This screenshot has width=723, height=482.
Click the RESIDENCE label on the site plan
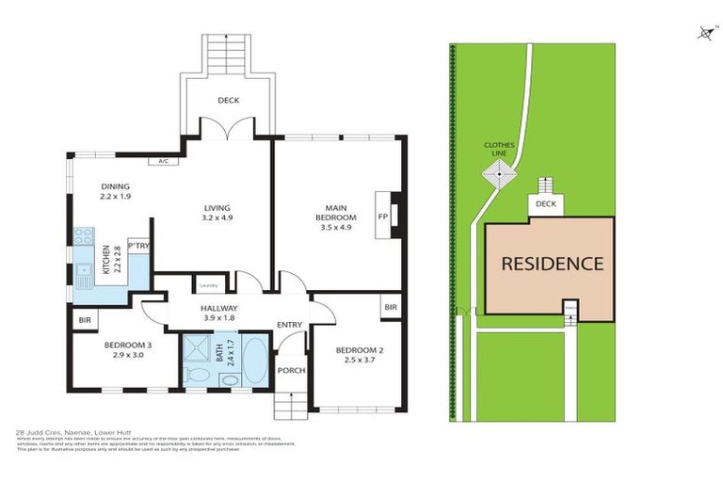(552, 264)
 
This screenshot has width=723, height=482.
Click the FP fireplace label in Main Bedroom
(383, 215)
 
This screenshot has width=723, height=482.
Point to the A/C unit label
(163, 161)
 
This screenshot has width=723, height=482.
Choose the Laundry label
(209, 284)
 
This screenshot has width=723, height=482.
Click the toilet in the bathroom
(198, 375)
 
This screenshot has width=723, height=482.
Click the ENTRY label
(289, 325)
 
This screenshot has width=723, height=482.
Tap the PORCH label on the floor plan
(292, 370)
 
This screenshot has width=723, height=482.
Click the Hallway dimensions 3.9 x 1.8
(218, 318)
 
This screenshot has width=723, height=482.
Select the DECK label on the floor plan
(228, 99)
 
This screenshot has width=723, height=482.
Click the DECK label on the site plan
(545, 204)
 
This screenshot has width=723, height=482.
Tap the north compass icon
(705, 34)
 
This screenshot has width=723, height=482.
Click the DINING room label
(115, 186)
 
